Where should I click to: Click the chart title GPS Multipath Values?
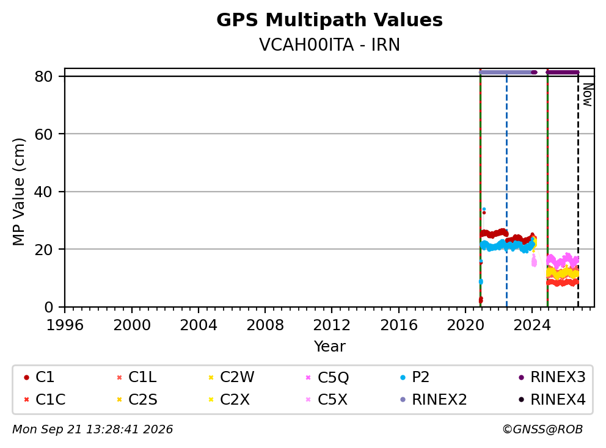pos(329,20)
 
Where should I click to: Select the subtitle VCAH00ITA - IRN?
pos(329,45)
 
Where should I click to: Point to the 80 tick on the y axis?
pos(43,76)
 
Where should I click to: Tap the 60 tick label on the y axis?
pos(43,134)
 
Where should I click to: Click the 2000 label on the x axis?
pos(132,325)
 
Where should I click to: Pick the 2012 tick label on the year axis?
pos(332,325)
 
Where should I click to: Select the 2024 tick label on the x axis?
pos(532,325)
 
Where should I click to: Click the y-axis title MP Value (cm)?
pos(18,192)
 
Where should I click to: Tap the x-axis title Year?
pos(329,347)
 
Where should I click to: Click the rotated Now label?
pos(588,95)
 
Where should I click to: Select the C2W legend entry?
pos(231,377)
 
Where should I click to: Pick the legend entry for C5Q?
pos(327,377)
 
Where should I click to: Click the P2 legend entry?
pos(414,377)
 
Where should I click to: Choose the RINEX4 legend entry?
pos(552,399)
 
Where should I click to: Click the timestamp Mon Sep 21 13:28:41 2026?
pos(93,430)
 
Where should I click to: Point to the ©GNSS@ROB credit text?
pos(542,430)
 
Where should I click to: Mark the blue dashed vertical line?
pos(506,192)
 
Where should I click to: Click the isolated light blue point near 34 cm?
pos(484,209)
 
